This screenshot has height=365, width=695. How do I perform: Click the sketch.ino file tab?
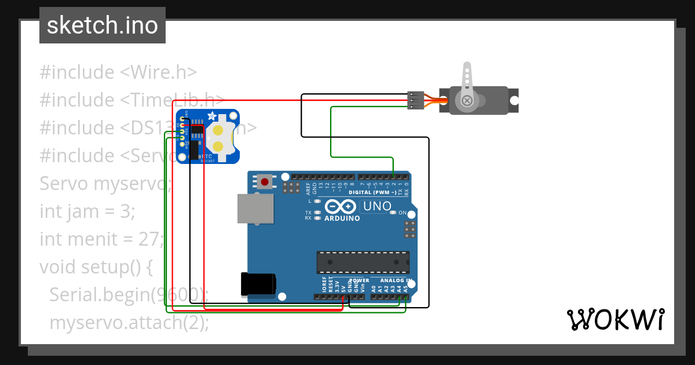102,25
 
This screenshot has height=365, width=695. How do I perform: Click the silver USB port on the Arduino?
255,208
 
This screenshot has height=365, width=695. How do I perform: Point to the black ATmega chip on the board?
363,262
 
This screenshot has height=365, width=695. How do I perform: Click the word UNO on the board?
378,206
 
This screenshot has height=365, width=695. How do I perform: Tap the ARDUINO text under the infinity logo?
342,218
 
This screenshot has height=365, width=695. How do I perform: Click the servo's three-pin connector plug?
414,100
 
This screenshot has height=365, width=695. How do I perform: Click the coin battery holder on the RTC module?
221,137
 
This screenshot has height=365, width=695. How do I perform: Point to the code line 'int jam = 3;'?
87,211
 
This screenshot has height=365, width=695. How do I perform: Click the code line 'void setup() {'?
96,267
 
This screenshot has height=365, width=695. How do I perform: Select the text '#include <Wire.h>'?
118,72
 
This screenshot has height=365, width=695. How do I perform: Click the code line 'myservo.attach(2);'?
129,323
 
